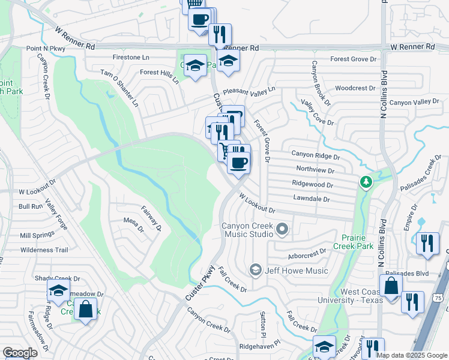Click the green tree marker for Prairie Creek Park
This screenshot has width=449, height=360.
(x=364, y=181)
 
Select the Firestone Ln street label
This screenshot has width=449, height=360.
(x=131, y=58)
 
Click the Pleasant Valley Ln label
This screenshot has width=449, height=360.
(x=249, y=91)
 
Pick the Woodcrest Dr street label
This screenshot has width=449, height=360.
(x=355, y=88)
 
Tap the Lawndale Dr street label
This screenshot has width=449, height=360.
(x=312, y=198)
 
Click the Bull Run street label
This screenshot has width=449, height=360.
(x=31, y=206)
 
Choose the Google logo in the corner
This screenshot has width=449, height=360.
(x=20, y=353)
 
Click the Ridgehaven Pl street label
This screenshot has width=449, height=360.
(x=264, y=347)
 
